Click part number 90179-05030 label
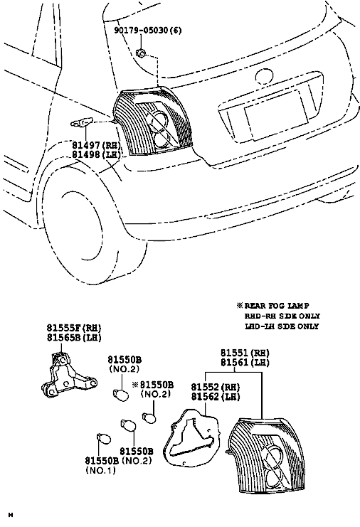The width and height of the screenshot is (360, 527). tap(148, 31)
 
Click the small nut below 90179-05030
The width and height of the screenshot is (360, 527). tap(140, 53)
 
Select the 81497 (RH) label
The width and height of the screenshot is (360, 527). tap(97, 145)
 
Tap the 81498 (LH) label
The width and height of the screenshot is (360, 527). tap(97, 154)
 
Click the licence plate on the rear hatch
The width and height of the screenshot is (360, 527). tap(276, 115)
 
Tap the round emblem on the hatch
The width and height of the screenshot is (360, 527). tap(264, 76)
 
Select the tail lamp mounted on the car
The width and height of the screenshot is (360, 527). tap(153, 121)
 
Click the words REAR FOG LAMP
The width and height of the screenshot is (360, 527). tap(277, 306)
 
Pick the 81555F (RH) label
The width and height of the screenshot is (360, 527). tap(74, 327)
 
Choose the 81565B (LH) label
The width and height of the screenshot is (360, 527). tap(74, 337)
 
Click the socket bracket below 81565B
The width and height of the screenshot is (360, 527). tap(69, 376)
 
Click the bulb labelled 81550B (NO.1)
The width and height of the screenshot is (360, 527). tap(104, 438)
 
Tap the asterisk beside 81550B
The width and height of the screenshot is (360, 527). tap(135, 385)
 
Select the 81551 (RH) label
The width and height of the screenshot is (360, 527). tap(245, 353)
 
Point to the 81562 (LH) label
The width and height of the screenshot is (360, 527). tap(216, 397)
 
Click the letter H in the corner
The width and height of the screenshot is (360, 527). tap(11, 515)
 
